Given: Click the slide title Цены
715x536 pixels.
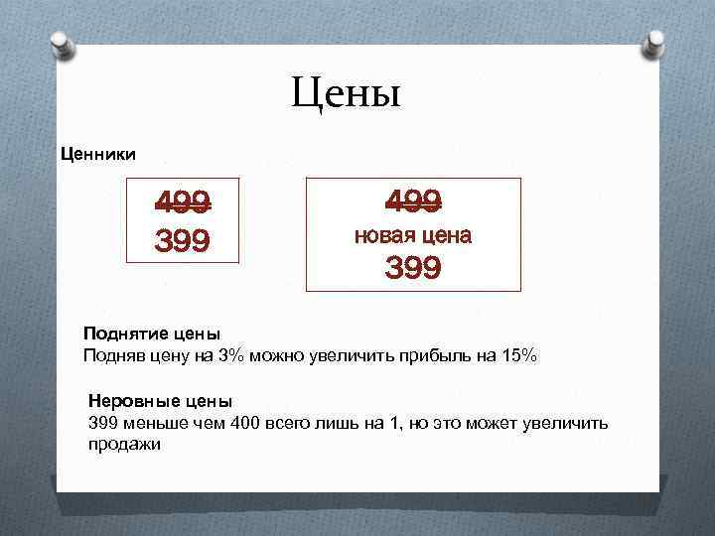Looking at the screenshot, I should tap(346, 94).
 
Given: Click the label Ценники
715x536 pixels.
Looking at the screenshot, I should tap(99, 153).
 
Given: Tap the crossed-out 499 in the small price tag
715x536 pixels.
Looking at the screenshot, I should tap(183, 203).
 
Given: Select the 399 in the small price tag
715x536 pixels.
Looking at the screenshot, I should tap(183, 240).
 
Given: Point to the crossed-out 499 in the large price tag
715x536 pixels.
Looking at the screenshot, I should tap(413, 201).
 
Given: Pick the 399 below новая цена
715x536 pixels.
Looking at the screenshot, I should tap(413, 268).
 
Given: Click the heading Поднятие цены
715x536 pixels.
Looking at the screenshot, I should tap(152, 335).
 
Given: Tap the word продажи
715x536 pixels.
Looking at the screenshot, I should tap(124, 444).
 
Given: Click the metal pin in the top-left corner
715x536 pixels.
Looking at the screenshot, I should tap(62, 43).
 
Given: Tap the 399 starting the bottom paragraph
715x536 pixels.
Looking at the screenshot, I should tap(104, 424).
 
